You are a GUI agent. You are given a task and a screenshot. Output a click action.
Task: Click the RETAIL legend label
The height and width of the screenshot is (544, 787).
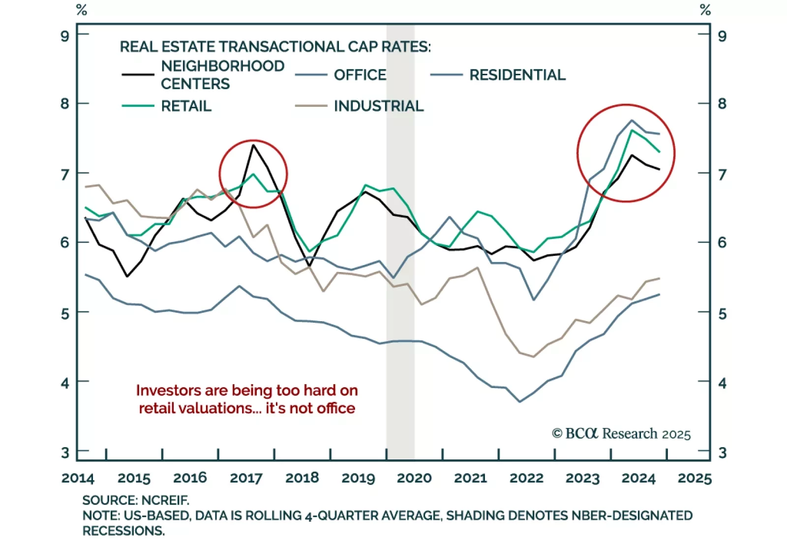pyautogui.click(x=186, y=106)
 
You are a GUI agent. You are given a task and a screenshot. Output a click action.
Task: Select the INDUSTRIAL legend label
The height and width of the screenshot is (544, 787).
pyautogui.click(x=378, y=106)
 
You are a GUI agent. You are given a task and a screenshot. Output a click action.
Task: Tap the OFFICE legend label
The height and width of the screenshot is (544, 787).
pyautogui.click(x=360, y=75)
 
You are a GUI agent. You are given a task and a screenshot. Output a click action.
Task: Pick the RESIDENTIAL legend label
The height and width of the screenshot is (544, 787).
pyautogui.click(x=517, y=75)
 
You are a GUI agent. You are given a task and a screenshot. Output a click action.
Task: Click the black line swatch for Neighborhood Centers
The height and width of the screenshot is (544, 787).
pyautogui.click(x=138, y=75)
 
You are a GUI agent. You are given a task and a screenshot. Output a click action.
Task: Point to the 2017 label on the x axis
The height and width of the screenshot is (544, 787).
pyautogui.click(x=246, y=478)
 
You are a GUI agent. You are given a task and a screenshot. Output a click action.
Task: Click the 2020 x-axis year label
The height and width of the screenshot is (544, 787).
pyautogui.click(x=414, y=478)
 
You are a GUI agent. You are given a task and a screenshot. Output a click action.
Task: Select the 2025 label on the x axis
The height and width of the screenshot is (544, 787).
pyautogui.click(x=695, y=478)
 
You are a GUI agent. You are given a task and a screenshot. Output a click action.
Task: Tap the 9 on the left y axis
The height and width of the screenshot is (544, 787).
pyautogui.click(x=65, y=36)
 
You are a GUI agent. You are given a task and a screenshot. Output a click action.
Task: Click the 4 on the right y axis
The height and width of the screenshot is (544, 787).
pyautogui.click(x=722, y=383)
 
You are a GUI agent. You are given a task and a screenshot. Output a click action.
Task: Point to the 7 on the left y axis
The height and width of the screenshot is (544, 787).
pyautogui.click(x=65, y=175)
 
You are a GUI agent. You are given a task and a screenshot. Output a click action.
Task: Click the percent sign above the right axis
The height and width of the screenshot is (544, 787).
pyautogui.click(x=705, y=10)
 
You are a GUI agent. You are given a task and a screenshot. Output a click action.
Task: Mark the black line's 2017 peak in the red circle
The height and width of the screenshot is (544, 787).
pyautogui.click(x=253, y=145)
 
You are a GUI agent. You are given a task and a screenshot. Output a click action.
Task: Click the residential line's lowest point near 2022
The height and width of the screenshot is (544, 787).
pyautogui.click(x=520, y=402)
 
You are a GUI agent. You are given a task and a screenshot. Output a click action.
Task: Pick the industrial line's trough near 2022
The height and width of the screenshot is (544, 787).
pyautogui.click(x=533, y=357)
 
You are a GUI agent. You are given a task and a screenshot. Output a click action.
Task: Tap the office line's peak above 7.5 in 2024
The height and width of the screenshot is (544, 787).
pyautogui.click(x=632, y=120)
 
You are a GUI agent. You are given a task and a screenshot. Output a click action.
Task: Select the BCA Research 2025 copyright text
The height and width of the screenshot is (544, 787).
pyautogui.click(x=621, y=434)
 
